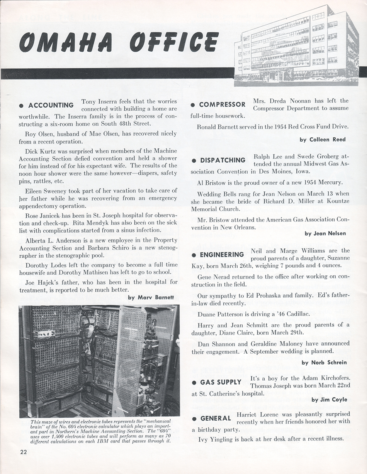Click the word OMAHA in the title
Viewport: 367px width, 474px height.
(x=66, y=42)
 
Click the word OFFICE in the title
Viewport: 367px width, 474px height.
(x=174, y=42)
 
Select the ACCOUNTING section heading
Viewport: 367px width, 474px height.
(x=51, y=105)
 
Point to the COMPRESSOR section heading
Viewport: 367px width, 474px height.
(x=222, y=105)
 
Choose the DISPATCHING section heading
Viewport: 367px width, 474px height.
(x=223, y=160)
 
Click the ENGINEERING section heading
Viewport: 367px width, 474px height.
(x=222, y=255)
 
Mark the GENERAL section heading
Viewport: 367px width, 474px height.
(x=215, y=418)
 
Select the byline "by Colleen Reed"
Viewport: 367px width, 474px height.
(x=323, y=140)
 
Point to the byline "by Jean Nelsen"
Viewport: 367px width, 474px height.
(x=325, y=233)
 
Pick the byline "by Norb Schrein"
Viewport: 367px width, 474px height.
(x=324, y=363)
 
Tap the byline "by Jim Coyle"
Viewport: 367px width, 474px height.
(x=329, y=400)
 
